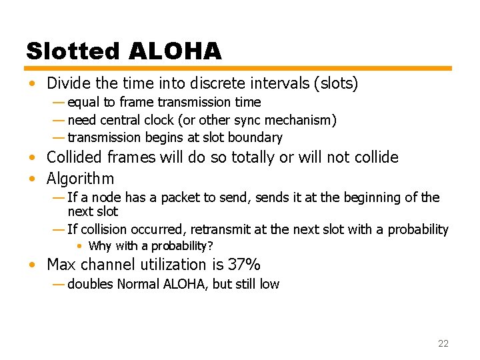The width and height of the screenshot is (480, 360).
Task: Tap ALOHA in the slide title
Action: click(x=175, y=51)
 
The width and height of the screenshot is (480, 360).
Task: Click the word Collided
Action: click(x=73, y=158)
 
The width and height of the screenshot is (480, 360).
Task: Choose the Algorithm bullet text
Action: click(x=81, y=179)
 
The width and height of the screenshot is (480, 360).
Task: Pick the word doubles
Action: click(x=90, y=285)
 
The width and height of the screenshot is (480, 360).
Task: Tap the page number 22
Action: click(x=443, y=343)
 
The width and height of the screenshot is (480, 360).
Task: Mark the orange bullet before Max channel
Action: click(x=32, y=265)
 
